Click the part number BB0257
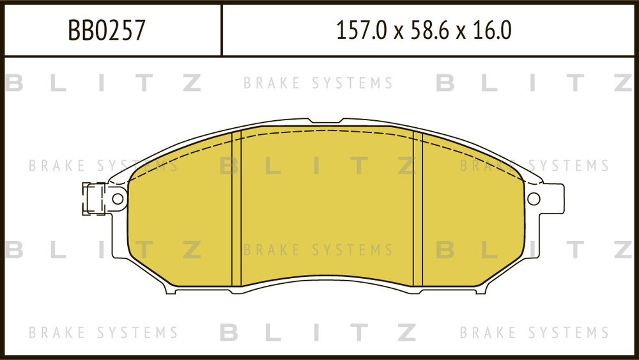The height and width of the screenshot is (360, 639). pos(107,30)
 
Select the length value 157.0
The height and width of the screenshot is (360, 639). pos(362,30)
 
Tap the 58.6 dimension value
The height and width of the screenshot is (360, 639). pos(429,30)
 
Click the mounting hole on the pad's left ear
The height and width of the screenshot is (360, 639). pos(118,198)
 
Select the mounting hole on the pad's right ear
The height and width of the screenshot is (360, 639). pos(534,198)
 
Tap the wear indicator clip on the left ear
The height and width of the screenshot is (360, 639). pos(93,198)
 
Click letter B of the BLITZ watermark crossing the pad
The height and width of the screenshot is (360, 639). pos(229,166)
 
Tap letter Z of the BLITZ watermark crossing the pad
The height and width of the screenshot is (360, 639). pos(406,166)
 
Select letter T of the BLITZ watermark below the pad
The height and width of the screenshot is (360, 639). pos(362,333)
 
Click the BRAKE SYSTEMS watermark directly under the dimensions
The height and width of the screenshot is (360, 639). pos(318,83)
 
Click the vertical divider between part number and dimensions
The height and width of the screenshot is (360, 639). pos(222,30)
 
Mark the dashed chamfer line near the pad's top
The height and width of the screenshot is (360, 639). pos(326,133)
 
